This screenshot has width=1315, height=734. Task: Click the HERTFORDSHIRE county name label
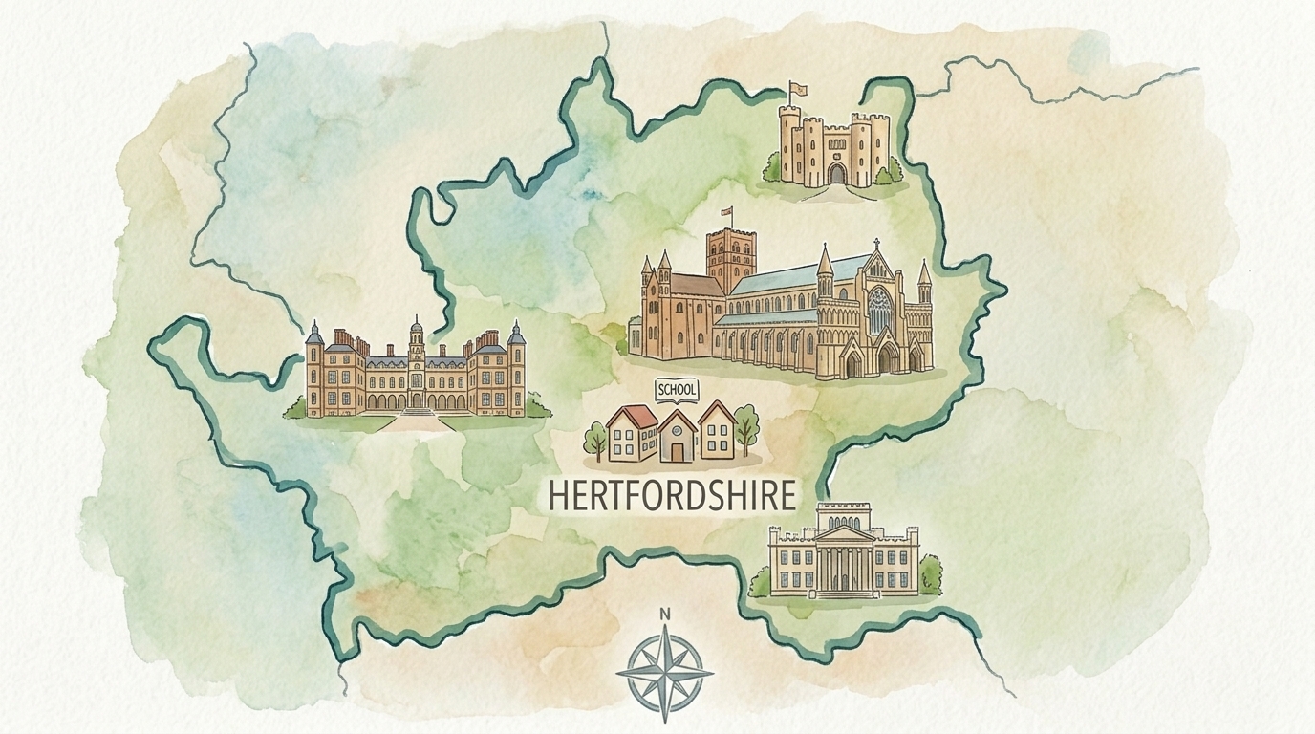[x=671, y=495]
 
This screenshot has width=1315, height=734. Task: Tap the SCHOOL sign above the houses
[x=677, y=390]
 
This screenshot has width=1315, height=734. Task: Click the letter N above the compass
[x=665, y=615]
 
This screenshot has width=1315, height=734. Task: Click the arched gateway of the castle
[x=837, y=173]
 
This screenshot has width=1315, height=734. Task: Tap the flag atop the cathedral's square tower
[x=726, y=212]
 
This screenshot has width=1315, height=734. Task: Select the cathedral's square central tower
[x=730, y=260]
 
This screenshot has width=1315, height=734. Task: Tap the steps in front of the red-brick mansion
[x=418, y=414]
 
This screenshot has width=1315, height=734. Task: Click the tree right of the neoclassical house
[x=930, y=575]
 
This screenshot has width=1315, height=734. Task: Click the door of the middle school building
[x=677, y=449]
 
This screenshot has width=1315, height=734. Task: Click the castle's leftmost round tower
[x=789, y=143]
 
